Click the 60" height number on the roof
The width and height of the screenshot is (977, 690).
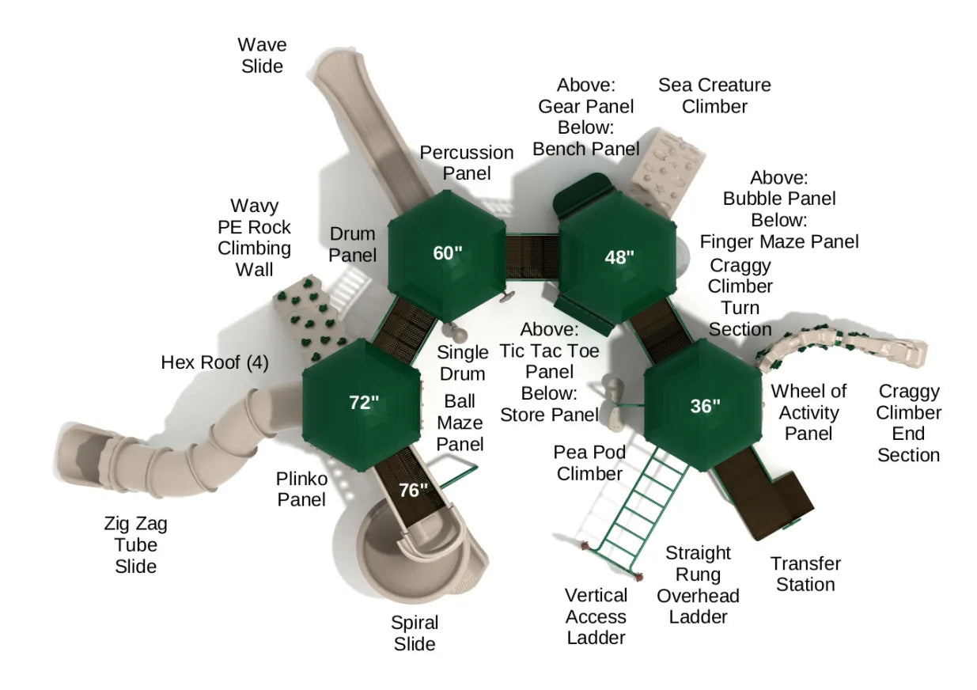click(447, 253)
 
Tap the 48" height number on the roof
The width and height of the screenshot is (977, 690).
click(619, 257)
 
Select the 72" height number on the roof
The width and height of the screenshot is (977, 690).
click(364, 402)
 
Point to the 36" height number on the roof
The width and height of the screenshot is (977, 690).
click(705, 406)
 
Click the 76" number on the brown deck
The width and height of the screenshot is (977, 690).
click(413, 491)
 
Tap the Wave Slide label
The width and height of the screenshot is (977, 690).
click(262, 55)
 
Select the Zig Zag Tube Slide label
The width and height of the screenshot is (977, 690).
click(135, 544)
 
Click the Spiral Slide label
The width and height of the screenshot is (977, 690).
click(415, 633)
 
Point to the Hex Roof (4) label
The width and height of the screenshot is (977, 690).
click(214, 362)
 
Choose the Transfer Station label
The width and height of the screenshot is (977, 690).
click(805, 574)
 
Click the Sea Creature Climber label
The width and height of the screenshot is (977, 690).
click(714, 96)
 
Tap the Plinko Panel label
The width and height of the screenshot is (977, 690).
click(301, 489)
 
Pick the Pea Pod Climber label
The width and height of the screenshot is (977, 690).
click(589, 463)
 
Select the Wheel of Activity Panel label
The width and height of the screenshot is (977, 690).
click(808, 412)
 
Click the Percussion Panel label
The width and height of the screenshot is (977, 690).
click(466, 163)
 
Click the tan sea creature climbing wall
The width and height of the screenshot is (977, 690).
click(666, 172)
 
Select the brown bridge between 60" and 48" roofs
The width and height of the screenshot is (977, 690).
click(532, 256)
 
